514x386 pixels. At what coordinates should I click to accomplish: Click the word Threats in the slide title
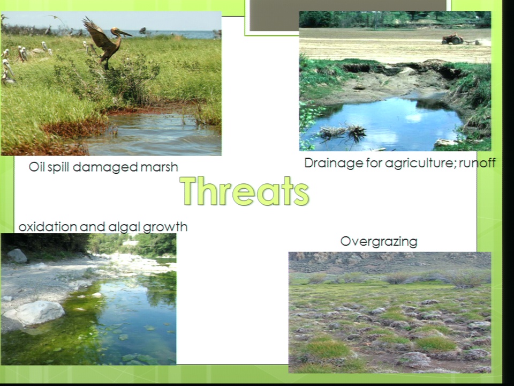(x=245, y=191)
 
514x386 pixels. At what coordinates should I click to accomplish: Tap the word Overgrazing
(x=379, y=242)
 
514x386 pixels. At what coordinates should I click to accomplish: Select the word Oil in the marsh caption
(x=37, y=166)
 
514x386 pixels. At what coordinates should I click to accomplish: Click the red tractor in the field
(x=452, y=39)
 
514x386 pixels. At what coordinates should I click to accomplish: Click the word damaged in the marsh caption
(x=105, y=167)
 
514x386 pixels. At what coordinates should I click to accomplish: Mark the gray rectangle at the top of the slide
(x=348, y=16)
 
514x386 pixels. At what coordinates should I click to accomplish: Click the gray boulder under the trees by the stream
(x=17, y=255)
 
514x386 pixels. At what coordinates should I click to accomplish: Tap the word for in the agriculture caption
(x=372, y=163)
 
